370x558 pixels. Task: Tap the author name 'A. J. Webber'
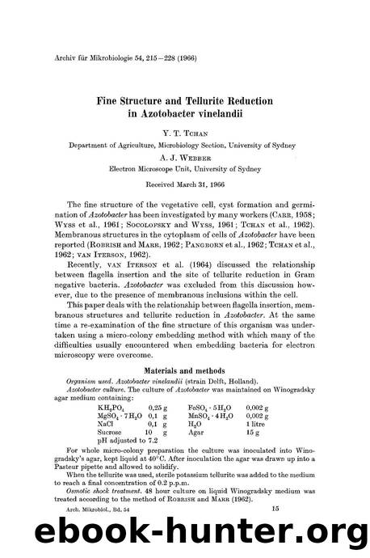(185, 159)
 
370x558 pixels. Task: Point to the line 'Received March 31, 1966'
(185, 184)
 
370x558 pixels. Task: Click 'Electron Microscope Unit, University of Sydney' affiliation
(185, 171)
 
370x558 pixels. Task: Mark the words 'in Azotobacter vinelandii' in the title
(185, 114)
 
